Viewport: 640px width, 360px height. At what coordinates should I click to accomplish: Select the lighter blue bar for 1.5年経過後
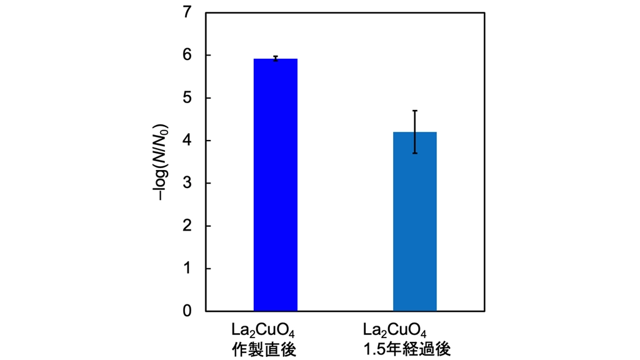(414, 221)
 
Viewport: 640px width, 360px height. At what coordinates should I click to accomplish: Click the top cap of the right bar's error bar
(414, 111)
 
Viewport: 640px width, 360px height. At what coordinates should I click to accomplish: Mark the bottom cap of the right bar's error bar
(414, 153)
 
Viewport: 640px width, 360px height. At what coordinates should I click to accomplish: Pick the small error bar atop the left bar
(275, 58)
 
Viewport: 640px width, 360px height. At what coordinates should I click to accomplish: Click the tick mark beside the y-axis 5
(208, 98)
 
